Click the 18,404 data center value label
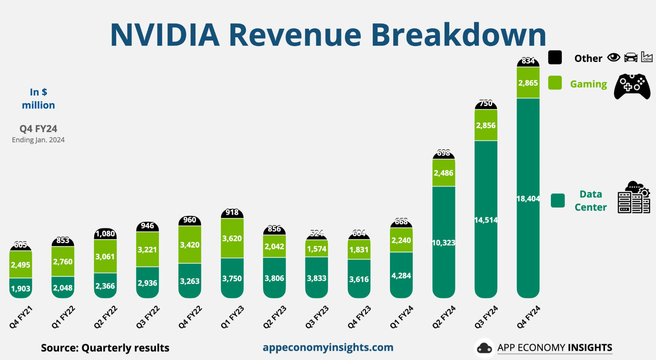[528, 199]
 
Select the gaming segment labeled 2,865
[528, 83]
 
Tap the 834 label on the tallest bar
[528, 61]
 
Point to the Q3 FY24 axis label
[486, 317]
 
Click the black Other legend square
[555, 57]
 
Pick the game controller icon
[632, 86]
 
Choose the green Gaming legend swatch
[555, 83]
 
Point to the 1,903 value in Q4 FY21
[21, 289]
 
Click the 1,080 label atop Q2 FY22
[105, 234]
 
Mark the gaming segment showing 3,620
[232, 239]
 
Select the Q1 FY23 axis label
[233, 317]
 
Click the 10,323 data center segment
[444, 243]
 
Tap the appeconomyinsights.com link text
[328, 347]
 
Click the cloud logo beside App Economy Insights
[484, 348]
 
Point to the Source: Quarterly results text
[105, 348]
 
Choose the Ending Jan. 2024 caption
[38, 140]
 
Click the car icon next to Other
[631, 58]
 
